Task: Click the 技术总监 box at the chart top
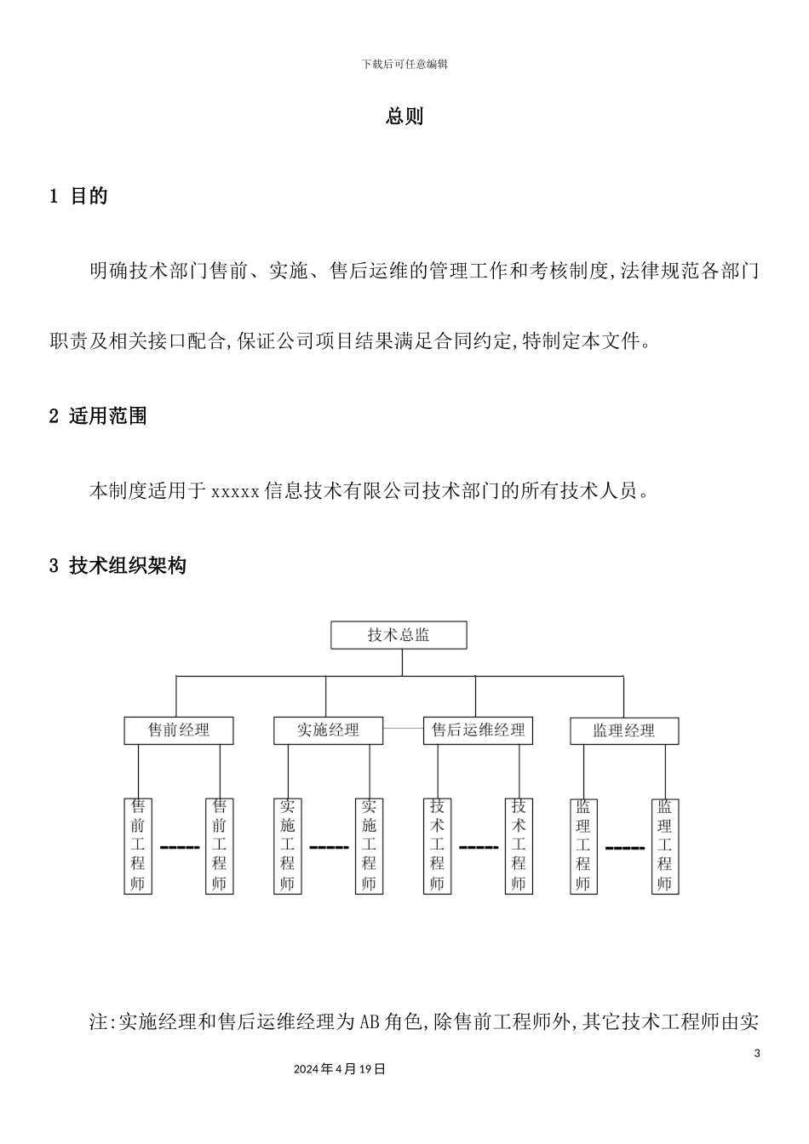click(399, 635)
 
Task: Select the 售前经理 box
click(178, 730)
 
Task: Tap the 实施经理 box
click(328, 730)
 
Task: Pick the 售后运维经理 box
click(478, 730)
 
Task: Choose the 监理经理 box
click(624, 730)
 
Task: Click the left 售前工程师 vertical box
click(138, 845)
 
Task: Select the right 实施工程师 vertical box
click(369, 845)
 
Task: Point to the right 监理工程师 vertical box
click(664, 845)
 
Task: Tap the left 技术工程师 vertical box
click(437, 845)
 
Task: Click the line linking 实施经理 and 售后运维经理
click(403, 729)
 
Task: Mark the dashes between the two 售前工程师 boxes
click(179, 848)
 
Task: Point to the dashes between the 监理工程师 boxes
click(624, 848)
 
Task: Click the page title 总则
click(404, 117)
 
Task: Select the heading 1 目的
click(79, 197)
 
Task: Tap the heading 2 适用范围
click(98, 416)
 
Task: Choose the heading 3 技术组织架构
click(118, 565)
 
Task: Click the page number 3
click(757, 1054)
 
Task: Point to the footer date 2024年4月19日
click(339, 1069)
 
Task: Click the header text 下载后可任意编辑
click(404, 64)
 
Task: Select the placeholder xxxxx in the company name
click(235, 491)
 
